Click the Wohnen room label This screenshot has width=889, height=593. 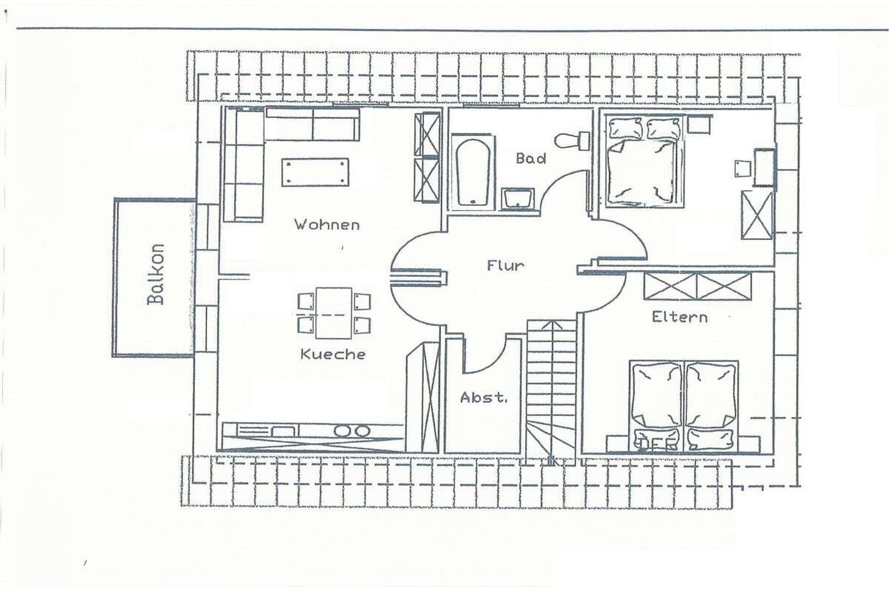pyautogui.click(x=327, y=225)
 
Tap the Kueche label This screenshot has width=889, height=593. pyautogui.click(x=333, y=354)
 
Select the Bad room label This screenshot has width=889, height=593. pyautogui.click(x=530, y=158)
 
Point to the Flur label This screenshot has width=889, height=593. pyautogui.click(x=505, y=265)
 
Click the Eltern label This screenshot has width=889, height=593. pyautogui.click(x=679, y=317)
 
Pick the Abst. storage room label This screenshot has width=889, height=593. pyautogui.click(x=483, y=397)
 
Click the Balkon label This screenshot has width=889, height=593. pyautogui.click(x=155, y=274)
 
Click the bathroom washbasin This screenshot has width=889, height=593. pyautogui.click(x=518, y=199)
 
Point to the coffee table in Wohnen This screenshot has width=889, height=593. pyautogui.click(x=315, y=172)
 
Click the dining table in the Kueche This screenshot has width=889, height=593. pyautogui.click(x=333, y=313)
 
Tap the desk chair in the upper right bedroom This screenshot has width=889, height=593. pyautogui.click(x=742, y=169)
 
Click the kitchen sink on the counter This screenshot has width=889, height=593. pyautogui.click(x=282, y=431)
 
